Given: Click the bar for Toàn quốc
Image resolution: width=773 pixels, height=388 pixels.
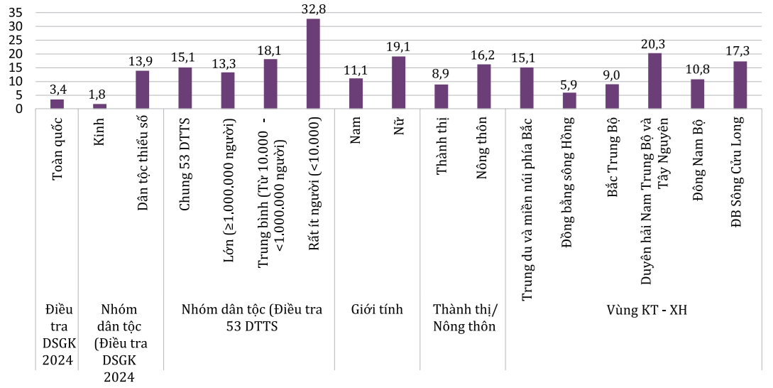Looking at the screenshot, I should (57, 104).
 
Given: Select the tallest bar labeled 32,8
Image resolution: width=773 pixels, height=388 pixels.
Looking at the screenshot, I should (313, 64).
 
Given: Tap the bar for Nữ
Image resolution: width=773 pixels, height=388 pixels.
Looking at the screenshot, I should (398, 82).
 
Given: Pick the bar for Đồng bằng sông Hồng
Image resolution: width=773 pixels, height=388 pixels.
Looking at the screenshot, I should (569, 101).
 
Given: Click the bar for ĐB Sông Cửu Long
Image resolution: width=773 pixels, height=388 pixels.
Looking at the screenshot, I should (740, 85).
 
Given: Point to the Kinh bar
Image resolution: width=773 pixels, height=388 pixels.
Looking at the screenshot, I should (99, 107).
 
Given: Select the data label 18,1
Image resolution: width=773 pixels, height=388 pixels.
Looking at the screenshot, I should (270, 50).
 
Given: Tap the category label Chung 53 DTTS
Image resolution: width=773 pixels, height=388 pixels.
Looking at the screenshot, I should (185, 163).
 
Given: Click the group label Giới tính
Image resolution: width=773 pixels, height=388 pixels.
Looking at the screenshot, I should (377, 309).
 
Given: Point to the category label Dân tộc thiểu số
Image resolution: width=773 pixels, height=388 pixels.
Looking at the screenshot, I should (142, 163).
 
